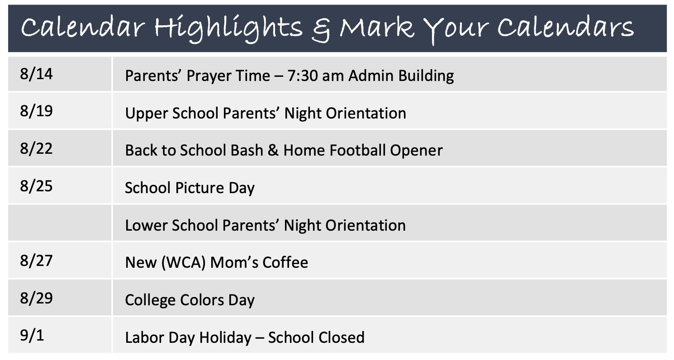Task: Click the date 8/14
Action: tap(36, 74)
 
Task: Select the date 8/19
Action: tap(36, 111)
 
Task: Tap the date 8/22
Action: tap(36, 149)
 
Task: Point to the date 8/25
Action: tap(36, 186)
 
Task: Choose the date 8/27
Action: tap(36, 261)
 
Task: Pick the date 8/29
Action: tap(36, 298)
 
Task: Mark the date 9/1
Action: tap(32, 336)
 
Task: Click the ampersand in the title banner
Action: tap(321, 29)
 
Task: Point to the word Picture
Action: tap(200, 188)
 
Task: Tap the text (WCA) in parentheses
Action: tap(184, 263)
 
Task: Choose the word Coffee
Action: tap(285, 263)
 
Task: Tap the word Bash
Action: tap(247, 150)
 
